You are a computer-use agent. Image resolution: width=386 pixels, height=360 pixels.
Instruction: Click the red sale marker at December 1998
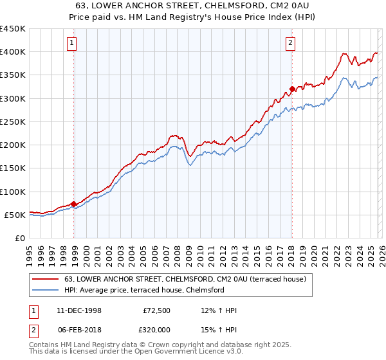(x=74, y=204)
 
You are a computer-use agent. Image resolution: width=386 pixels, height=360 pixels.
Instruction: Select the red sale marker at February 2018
(x=292, y=89)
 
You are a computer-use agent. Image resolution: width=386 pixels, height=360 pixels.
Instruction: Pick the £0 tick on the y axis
(x=19, y=238)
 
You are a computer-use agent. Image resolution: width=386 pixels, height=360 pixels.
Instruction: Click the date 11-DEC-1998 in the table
(x=79, y=310)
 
